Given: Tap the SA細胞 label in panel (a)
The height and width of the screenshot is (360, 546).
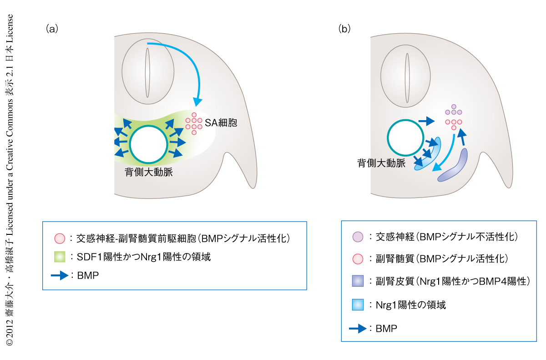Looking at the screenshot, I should [x=221, y=122].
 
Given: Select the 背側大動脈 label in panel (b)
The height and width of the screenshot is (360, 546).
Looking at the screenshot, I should [x=381, y=163].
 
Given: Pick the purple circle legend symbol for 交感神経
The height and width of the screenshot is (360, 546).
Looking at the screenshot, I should [x=358, y=237].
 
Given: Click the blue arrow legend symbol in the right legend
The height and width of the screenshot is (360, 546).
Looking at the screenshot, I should [x=358, y=328].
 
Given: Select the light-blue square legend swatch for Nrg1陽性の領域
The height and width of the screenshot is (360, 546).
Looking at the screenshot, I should [x=358, y=304].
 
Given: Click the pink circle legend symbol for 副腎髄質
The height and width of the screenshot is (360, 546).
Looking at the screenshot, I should [x=358, y=259].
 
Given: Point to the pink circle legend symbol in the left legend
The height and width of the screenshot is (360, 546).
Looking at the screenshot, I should [x=60, y=238].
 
